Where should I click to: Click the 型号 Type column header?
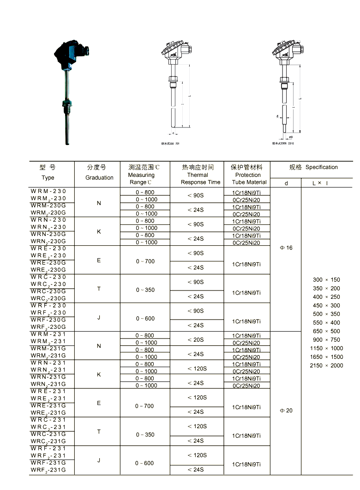point(48,172)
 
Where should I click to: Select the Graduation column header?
point(99,172)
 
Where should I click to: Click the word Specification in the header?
point(321,167)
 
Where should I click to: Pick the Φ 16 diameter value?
point(286,248)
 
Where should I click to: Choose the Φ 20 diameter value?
point(286,411)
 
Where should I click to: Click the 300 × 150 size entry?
point(326,280)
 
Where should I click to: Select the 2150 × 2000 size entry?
point(326,365)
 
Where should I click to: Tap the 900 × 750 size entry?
point(326,339)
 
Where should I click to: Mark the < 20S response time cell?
point(196,339)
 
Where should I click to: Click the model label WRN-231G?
point(48,377)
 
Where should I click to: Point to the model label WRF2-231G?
point(48,470)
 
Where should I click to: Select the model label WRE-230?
point(48,248)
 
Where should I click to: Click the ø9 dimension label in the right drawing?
point(291,137)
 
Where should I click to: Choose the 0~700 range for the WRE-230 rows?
point(145,261)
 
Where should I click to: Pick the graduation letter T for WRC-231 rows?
point(99,432)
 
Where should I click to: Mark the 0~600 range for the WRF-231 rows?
point(144,463)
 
